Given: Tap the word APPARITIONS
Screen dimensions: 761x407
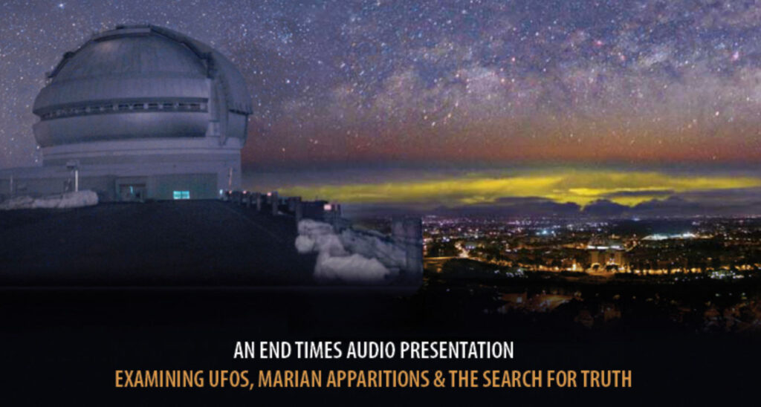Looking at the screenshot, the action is tap(377, 380).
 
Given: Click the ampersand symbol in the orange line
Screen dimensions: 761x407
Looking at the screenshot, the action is tap(438, 380).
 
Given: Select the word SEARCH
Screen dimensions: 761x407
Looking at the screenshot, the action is tap(508, 380).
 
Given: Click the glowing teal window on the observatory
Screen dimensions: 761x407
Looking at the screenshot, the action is tap(181, 195).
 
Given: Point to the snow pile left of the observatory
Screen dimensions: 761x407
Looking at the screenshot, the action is tap(51, 199).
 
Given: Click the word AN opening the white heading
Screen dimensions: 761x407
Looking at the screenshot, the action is tap(244, 351).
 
